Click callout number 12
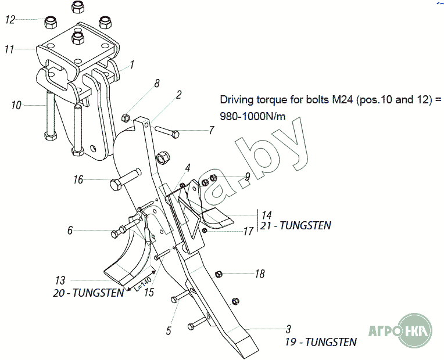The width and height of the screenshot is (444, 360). pos(10,19)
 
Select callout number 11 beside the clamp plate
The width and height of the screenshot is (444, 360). pos(9,49)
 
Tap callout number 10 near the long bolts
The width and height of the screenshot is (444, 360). pos(16,105)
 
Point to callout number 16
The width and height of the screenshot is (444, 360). pos(78,179)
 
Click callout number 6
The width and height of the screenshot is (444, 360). pos(70,231)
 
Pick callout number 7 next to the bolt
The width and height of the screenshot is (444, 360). pos(212,131)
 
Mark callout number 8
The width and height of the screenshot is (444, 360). pos(156,84)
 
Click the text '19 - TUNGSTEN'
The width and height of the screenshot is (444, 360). pos(321,342)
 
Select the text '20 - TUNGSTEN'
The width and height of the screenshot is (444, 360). pos(88,293)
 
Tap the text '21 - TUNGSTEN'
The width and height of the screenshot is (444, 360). pos(297,225)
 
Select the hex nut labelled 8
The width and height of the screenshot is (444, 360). pos(125,118)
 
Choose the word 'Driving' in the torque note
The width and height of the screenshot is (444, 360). pos(236,99)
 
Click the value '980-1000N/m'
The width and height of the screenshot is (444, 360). pos(252,116)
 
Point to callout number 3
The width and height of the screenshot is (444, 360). pos(288,329)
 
